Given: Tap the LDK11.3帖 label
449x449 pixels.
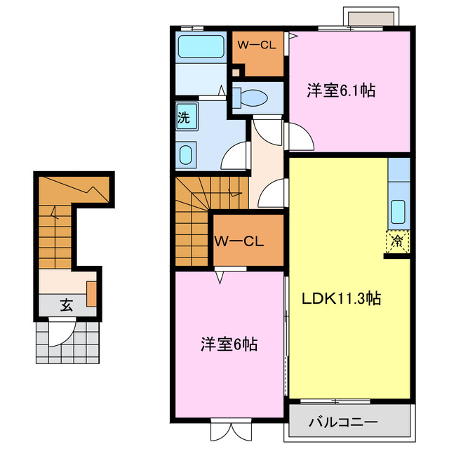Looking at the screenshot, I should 342,298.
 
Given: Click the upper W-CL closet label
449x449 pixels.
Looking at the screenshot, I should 256,46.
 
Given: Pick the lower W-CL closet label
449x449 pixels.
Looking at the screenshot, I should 239,242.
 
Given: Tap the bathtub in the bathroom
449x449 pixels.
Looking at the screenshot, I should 200,47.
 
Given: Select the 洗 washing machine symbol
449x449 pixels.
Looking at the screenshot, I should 185,118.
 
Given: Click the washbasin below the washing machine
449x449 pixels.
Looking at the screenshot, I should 187,155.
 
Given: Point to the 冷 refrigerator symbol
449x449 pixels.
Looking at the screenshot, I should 397,241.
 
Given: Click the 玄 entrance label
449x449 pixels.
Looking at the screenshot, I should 65,305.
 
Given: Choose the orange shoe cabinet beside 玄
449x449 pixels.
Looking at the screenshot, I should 91,293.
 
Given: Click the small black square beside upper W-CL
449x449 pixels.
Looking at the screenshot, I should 236,71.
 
